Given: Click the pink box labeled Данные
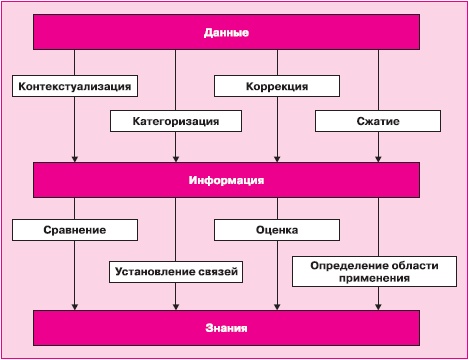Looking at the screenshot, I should (x=226, y=33).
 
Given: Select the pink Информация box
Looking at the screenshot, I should (x=226, y=181).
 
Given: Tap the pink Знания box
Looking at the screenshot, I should (x=226, y=328).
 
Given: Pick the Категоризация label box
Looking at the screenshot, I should (x=177, y=121).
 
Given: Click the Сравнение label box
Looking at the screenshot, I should (x=75, y=230).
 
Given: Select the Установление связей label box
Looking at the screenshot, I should (x=177, y=269).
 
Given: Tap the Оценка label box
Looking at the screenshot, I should (x=277, y=230).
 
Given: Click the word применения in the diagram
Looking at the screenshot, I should (x=380, y=279).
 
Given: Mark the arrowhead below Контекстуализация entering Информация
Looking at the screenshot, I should (x=75, y=158).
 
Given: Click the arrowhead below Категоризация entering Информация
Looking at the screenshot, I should (x=177, y=158).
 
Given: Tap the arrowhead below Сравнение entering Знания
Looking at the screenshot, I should (x=75, y=305).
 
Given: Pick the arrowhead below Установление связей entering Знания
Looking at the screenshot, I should (x=177, y=305).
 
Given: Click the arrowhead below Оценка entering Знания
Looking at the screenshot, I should (x=277, y=305).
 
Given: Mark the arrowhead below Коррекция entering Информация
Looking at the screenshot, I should (x=277, y=158).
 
